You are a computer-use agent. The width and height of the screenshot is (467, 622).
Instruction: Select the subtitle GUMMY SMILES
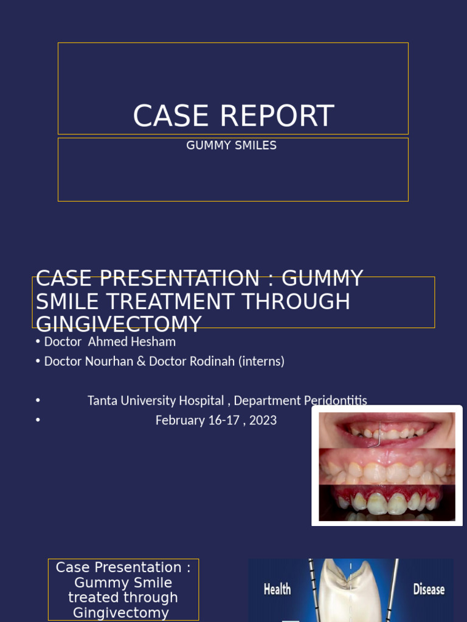point(232,146)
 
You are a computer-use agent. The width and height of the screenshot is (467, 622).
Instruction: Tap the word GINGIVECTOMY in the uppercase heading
point(119,324)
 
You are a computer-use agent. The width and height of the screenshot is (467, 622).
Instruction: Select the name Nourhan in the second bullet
point(109,361)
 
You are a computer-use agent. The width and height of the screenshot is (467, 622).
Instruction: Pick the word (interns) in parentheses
point(261,361)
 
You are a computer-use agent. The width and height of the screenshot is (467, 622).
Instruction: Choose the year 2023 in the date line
point(263,420)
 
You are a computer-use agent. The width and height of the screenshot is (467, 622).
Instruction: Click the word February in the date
point(180,420)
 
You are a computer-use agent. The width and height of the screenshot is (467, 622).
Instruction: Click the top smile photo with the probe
point(387,430)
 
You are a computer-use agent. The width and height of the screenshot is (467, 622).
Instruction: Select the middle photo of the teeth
point(387,466)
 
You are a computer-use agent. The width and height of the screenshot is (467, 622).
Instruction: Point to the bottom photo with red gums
point(387,502)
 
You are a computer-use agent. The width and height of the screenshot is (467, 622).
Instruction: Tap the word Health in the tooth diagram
point(277,589)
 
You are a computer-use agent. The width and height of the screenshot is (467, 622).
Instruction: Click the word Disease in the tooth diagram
point(429,589)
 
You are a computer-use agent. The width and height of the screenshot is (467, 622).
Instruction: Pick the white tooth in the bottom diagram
point(350,592)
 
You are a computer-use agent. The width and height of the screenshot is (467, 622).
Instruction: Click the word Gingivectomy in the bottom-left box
point(121,613)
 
